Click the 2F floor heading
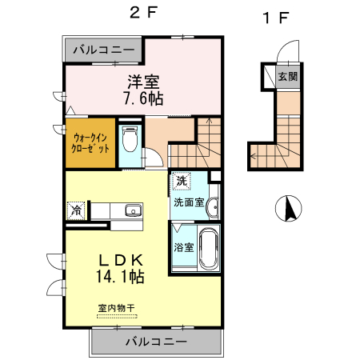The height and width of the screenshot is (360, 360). click(142, 13)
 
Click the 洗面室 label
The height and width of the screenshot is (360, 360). click(188, 202)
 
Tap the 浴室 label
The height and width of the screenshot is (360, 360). click(183, 246)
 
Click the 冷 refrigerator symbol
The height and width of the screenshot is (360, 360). click(75, 210)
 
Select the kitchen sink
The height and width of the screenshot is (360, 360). click(131, 210)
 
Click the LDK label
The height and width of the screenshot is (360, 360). click(120, 260)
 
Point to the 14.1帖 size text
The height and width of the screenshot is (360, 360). click(120, 278)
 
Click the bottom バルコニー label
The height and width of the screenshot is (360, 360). click(156, 342)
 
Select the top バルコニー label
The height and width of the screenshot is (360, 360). click(104, 50)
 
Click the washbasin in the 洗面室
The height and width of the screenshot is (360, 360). click(212, 209)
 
